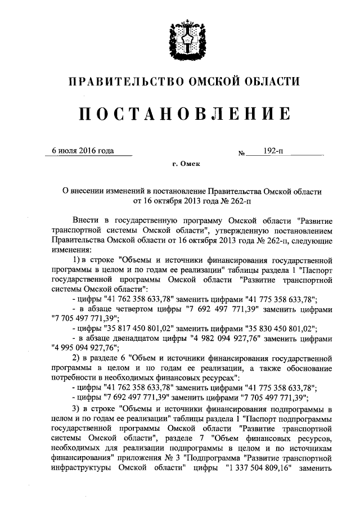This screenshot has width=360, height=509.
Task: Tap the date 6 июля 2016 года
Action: pyautogui.click(x=82, y=151)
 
